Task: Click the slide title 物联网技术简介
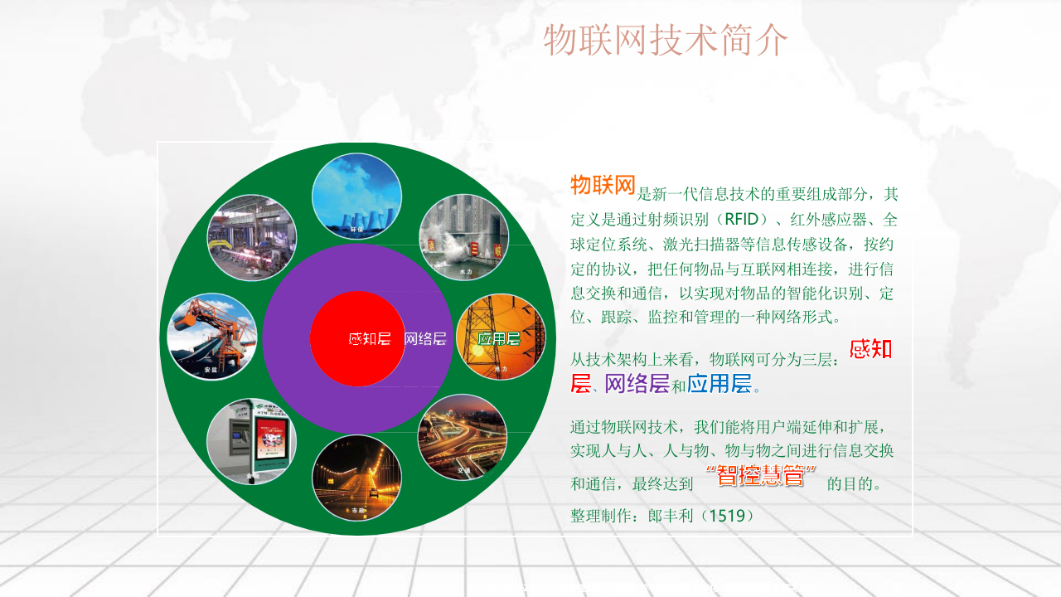(666, 40)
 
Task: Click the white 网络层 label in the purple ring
(425, 338)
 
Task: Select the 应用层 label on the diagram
(498, 338)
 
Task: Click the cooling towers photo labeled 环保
(356, 196)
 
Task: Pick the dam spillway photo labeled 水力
(464, 237)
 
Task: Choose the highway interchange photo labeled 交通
(462, 437)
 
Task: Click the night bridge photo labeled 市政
(356, 478)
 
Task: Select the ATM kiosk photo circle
(251, 442)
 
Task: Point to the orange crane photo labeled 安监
(212, 337)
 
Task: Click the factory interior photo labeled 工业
(251, 238)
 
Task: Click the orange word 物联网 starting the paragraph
(603, 186)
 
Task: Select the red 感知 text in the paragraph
(871, 349)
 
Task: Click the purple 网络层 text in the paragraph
(637, 384)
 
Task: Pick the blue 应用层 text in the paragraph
(719, 384)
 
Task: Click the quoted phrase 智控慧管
(761, 477)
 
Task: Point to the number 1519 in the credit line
(727, 516)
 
